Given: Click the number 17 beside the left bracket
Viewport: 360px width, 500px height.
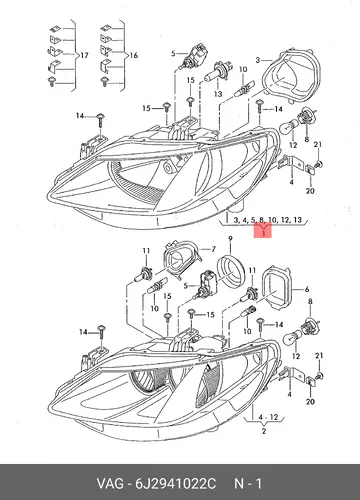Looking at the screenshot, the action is [84, 55].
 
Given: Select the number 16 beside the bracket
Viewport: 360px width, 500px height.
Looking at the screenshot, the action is [133, 55].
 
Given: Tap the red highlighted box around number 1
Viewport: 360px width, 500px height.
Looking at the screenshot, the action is [263, 231].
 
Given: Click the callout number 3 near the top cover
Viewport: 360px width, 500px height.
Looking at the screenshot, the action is [258, 60].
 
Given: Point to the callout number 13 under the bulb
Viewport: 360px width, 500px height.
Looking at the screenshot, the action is [218, 94].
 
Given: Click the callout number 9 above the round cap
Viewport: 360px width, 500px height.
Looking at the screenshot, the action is [230, 239].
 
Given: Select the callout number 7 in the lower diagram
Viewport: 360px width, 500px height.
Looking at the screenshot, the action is [213, 249].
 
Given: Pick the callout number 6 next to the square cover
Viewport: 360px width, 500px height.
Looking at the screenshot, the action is [307, 290].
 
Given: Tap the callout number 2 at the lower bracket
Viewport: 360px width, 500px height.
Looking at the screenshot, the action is [264, 431].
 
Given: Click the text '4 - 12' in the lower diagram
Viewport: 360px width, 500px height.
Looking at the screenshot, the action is [268, 417].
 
